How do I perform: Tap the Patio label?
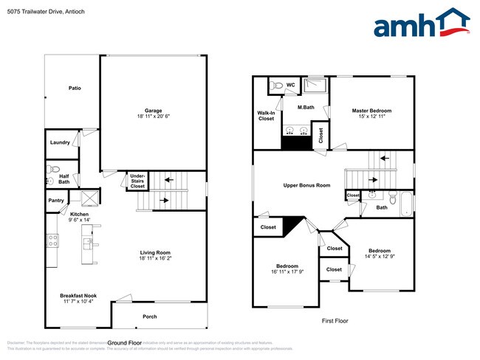click(x=75, y=88)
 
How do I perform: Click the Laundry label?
click(x=60, y=142)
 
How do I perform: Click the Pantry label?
click(x=56, y=200)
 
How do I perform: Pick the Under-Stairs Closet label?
click(x=137, y=181)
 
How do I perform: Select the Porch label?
click(x=150, y=316)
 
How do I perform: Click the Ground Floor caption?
click(x=125, y=343)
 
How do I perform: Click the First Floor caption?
click(x=334, y=321)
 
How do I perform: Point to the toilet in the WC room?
click(x=275, y=86)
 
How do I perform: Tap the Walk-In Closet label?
click(x=266, y=115)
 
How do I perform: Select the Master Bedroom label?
click(x=371, y=111)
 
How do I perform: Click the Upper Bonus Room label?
click(x=306, y=185)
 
